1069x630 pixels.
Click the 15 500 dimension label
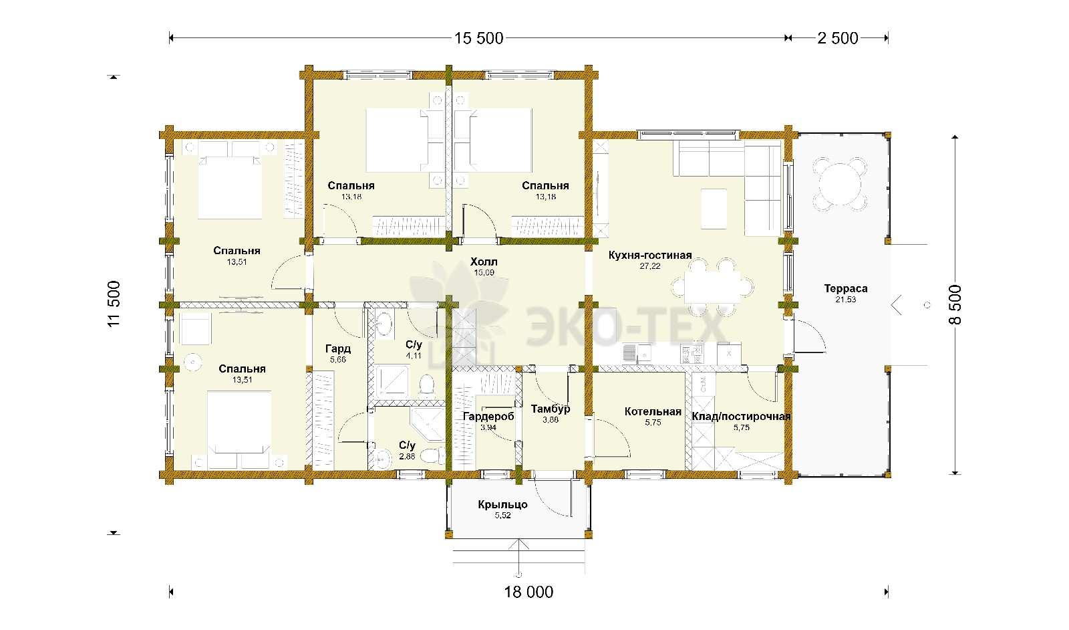[x=478, y=38]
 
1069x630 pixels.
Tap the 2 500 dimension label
[x=838, y=38]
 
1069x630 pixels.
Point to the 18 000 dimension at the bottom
[x=528, y=593]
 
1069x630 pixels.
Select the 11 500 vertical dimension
[x=114, y=304]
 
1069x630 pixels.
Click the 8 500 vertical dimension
[x=955, y=305]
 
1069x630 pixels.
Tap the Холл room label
[x=484, y=261]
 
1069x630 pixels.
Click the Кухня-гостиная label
[x=650, y=255]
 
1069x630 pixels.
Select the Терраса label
[x=846, y=288]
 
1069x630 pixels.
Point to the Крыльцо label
[x=502, y=505]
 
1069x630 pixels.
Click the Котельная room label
[x=653, y=412]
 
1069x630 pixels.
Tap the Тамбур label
[x=551, y=409]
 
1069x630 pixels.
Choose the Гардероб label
[x=488, y=417]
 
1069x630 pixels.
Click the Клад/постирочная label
[x=741, y=417]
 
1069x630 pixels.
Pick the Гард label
[x=338, y=348]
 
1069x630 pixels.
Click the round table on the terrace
[x=840, y=184]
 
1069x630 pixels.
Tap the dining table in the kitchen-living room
[x=712, y=287]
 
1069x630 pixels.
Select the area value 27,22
[x=650, y=266]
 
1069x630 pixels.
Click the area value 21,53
[x=846, y=300]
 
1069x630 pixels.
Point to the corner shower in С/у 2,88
[x=428, y=423]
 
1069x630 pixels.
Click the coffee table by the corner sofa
[x=714, y=209]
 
